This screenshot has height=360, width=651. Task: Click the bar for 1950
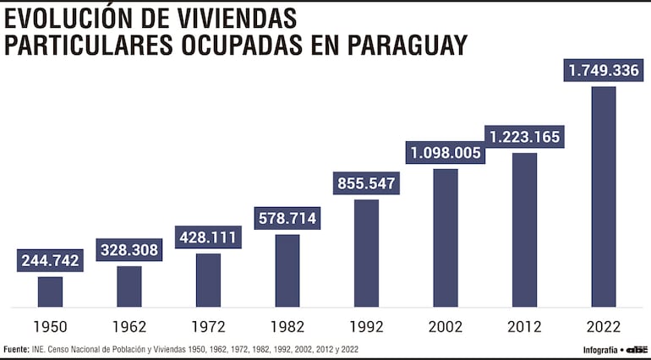50,292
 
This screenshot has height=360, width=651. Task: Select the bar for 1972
208,280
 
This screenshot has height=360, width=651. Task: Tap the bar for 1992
366,253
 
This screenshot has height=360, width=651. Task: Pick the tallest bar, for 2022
604,196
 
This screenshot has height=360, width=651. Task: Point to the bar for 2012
524,229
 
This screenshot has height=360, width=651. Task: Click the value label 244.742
51,260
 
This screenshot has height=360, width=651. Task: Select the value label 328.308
129,250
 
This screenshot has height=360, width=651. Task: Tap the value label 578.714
287,218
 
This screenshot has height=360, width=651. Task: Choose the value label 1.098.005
446,153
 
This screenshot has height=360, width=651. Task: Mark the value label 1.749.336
604,70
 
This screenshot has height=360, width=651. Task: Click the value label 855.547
366,183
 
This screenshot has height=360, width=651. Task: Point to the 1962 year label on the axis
129,326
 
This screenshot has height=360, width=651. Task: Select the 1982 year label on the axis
287,326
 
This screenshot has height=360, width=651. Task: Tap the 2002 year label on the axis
446,326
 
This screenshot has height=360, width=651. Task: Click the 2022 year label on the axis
604,326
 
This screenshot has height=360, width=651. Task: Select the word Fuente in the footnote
16,349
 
